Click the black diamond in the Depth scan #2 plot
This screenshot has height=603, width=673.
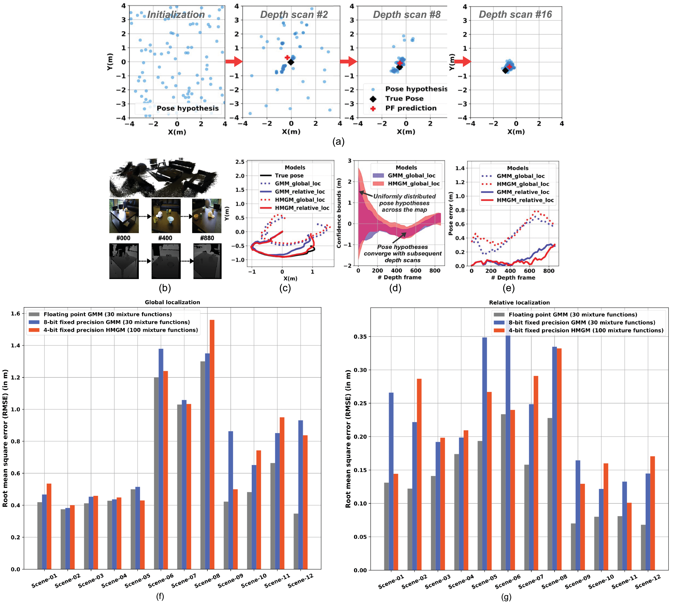point(290,62)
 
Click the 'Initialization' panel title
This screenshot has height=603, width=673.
point(176,15)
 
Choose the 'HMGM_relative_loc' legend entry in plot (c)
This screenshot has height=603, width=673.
point(302,208)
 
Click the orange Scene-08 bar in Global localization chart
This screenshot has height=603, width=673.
point(212,444)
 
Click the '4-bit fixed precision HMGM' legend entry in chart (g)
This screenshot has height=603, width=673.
point(586,330)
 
